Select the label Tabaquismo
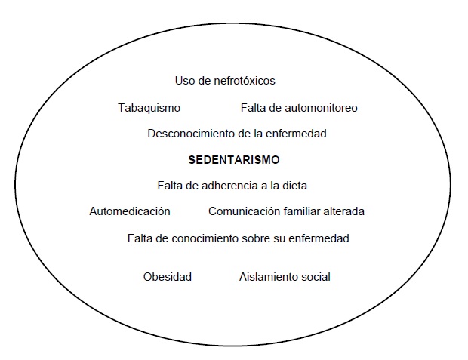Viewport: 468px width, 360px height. (149, 108)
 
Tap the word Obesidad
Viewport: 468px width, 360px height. (168, 277)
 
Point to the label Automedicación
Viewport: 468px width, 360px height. (130, 211)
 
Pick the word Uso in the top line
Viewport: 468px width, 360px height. (185, 81)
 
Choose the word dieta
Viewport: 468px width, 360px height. (294, 186)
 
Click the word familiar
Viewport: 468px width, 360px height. (300, 211)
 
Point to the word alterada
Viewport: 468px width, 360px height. (343, 211)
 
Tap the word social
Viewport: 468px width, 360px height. (316, 277)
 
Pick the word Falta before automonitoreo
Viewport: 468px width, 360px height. (254, 108)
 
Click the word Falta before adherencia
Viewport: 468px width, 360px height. (171, 186)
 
